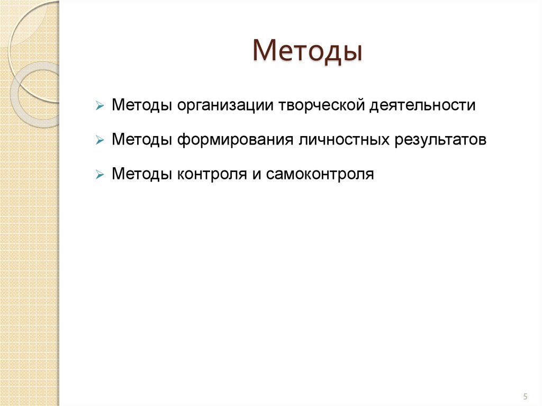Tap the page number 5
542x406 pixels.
pos(525,396)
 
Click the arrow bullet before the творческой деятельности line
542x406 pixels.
pos(99,106)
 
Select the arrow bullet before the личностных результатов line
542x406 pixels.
pos(99,140)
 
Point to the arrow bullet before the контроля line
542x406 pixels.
pos(99,175)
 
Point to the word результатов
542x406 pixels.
pos(440,140)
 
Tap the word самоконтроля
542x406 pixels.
pos(320,174)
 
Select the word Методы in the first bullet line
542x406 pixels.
pos(141,106)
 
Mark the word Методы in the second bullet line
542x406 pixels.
pos(141,140)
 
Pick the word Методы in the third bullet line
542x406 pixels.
pos(141,174)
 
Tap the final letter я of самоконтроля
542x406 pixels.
pos(370,175)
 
